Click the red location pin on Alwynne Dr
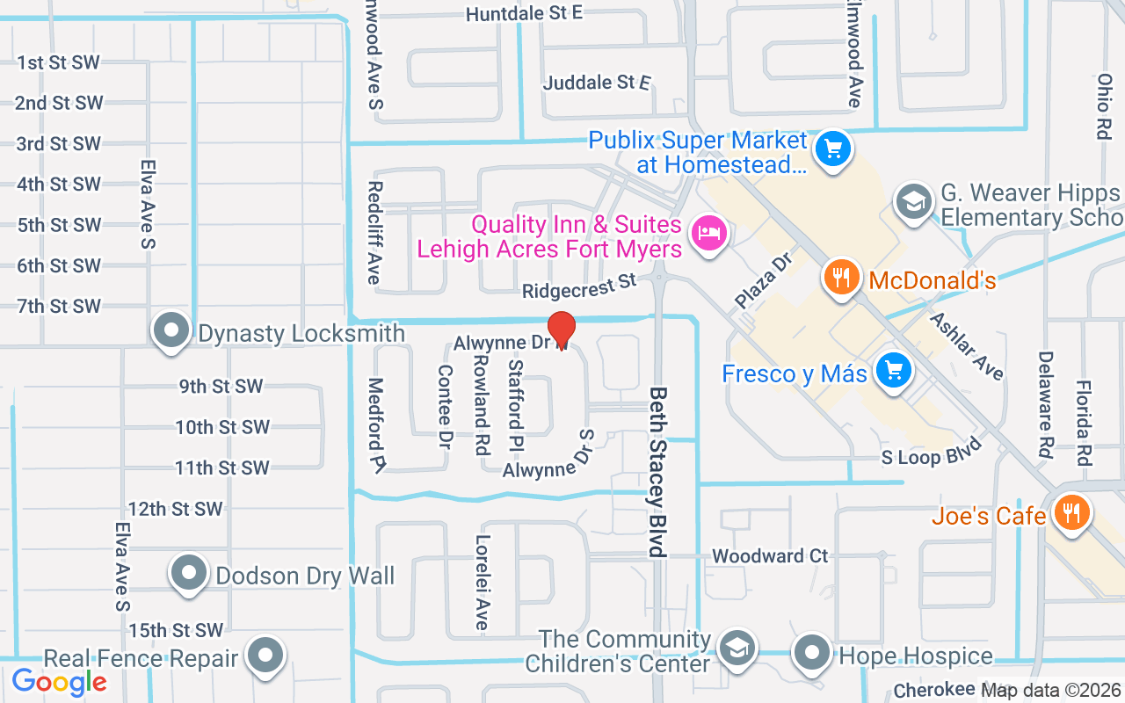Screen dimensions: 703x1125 561,330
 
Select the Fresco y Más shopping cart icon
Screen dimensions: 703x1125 894,371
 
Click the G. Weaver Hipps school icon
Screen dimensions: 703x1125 913,202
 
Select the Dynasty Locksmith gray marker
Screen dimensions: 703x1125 171,332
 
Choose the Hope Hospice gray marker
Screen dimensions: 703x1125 812,653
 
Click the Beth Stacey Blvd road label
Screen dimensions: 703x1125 658,472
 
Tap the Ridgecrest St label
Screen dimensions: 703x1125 578,286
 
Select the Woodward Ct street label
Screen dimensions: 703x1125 770,556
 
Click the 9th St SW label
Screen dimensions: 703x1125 220,387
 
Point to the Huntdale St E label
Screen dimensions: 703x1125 524,13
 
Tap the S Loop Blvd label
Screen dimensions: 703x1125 932,458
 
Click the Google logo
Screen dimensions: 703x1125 59,681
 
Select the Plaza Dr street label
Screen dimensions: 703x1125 764,279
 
